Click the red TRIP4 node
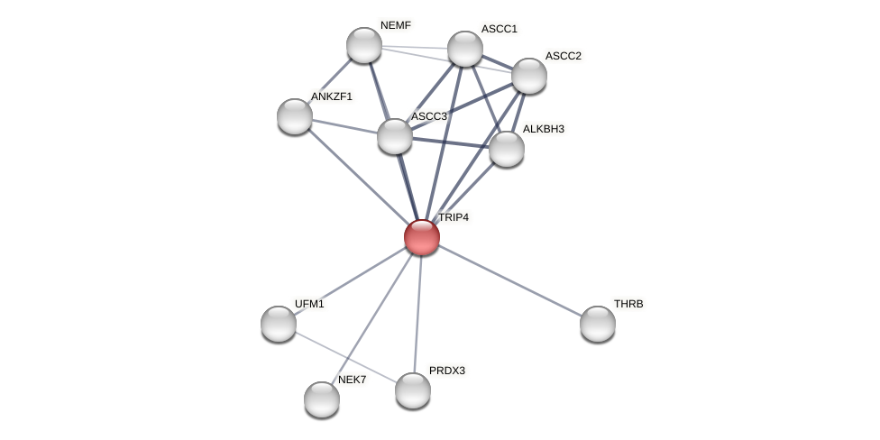tap(421, 237)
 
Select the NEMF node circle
tap(364, 45)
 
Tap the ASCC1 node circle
tap(465, 49)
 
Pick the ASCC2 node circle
tap(529, 76)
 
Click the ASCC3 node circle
tap(395, 136)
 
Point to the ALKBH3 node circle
tap(507, 149)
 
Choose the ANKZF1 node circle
tap(295, 116)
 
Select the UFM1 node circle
tap(279, 324)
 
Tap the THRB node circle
tap(598, 324)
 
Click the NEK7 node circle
tap(322, 399)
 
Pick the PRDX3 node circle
tap(413, 390)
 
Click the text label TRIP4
tap(453, 217)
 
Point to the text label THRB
tap(628, 304)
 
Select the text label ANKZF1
tap(332, 96)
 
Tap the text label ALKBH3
tap(543, 129)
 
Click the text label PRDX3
tap(447, 371)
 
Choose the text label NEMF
tap(395, 25)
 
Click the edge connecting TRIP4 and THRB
tap(509, 280)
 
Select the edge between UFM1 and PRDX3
tap(345, 357)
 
